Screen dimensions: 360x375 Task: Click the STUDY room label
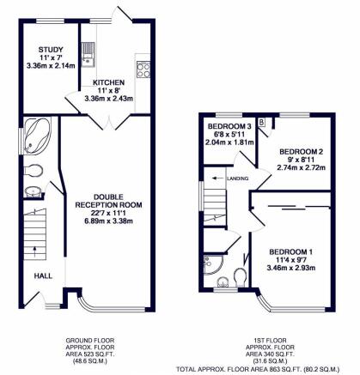click(51, 50)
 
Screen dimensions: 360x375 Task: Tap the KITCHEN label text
click(108, 82)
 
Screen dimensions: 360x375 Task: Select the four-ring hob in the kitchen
click(143, 70)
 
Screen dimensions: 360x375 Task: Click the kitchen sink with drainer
click(88, 55)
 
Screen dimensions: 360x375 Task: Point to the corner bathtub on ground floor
click(35, 136)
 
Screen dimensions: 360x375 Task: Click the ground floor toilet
click(33, 171)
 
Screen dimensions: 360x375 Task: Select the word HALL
click(43, 276)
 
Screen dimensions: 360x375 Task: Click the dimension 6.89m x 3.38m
click(108, 221)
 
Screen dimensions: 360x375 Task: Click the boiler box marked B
click(261, 123)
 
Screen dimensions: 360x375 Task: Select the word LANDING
click(237, 178)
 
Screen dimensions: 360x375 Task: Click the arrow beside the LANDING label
click(217, 178)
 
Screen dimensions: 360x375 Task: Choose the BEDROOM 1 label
click(291, 252)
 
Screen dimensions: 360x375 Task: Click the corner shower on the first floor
click(212, 264)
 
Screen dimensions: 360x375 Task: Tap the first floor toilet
click(240, 277)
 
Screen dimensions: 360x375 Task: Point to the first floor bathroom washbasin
click(223, 282)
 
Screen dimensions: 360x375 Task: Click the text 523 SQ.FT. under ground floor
click(90, 354)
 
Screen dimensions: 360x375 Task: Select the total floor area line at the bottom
click(258, 369)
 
